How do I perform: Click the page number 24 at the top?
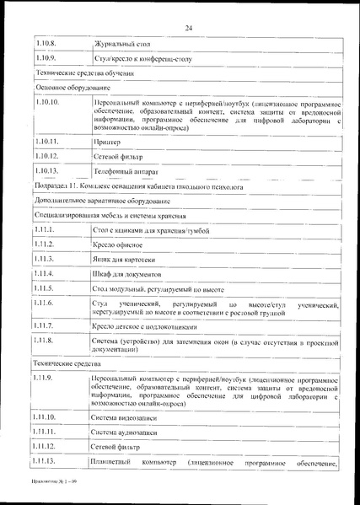coord(189,29)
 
